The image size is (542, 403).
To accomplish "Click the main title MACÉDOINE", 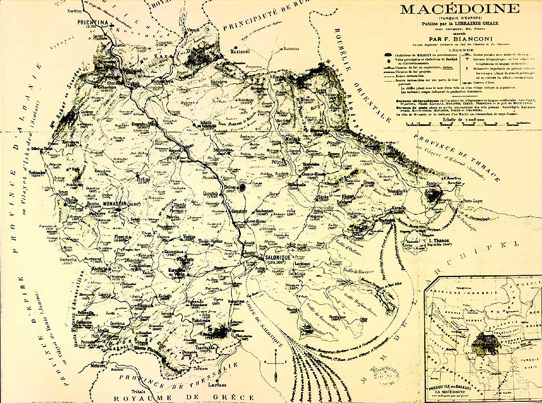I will [459, 9].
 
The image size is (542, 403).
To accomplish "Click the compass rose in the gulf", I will [276, 360].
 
